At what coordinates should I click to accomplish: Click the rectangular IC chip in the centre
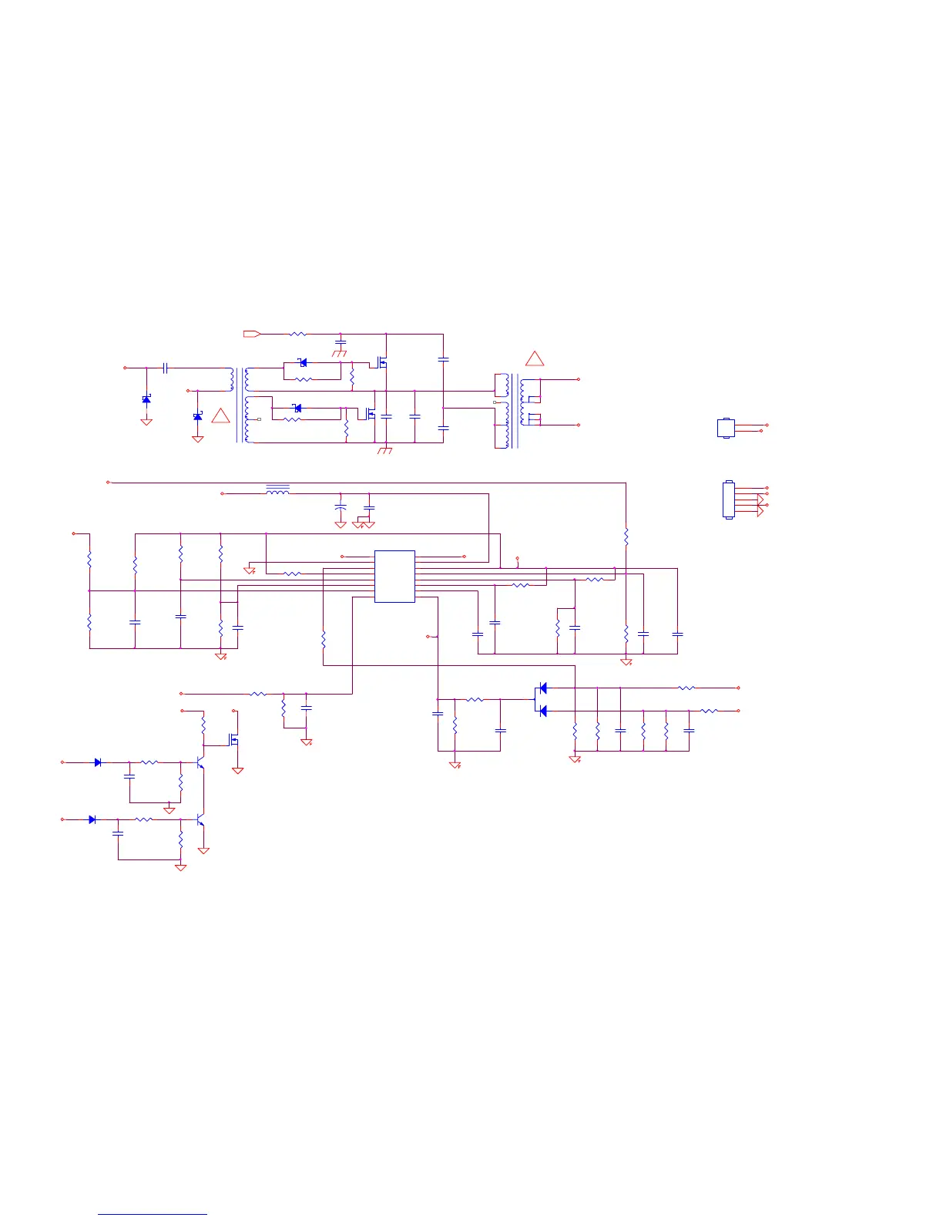coord(394,576)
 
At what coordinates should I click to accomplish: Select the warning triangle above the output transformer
coord(534,359)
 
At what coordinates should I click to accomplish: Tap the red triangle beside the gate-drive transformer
coord(220,416)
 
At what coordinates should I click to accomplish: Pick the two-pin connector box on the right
coord(725,428)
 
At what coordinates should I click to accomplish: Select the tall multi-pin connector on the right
coord(728,499)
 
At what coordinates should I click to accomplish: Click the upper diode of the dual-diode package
coord(542,688)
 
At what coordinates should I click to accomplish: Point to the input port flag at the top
coord(252,334)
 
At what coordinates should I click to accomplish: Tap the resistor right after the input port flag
coord(297,334)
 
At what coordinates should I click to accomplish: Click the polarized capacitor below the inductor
coord(341,507)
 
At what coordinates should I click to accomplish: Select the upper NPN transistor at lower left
coord(200,762)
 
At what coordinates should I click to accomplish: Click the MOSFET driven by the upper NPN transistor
coord(234,740)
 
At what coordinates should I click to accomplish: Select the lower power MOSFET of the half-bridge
coord(371,414)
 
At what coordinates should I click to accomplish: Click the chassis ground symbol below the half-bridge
coord(385,450)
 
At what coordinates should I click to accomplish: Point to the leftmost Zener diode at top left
coord(146,399)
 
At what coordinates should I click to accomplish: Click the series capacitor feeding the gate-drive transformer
coord(165,368)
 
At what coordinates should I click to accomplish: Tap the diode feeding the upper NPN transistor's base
coord(98,762)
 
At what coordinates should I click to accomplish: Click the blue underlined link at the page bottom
coord(153,1214)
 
